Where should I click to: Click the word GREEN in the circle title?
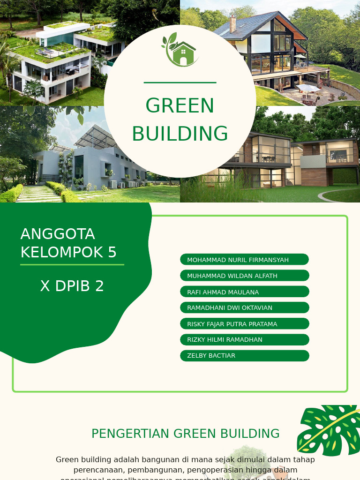pyautogui.click(x=180, y=106)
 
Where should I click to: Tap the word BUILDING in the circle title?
pyautogui.click(x=180, y=134)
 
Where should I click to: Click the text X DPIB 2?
pyautogui.click(x=72, y=286)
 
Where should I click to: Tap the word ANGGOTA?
pyautogui.click(x=58, y=234)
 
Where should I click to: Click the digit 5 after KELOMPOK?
pyautogui.click(x=112, y=252)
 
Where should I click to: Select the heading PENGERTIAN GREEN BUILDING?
pyautogui.click(x=185, y=434)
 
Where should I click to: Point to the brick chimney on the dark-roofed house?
pyautogui.click(x=233, y=23)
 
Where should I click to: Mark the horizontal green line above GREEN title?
pyautogui.click(x=180, y=82)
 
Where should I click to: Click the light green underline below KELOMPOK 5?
pyautogui.click(x=72, y=265)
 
